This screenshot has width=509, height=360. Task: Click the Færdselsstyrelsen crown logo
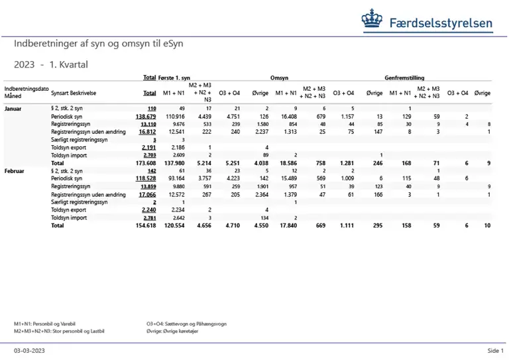click(x=372, y=21)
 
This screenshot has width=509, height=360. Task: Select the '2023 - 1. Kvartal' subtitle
click(x=50, y=65)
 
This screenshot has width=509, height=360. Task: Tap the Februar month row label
click(x=16, y=170)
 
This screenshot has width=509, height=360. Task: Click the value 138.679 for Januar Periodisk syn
click(x=145, y=116)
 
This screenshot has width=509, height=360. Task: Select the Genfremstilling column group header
click(x=405, y=78)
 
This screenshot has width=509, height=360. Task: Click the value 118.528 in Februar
click(x=145, y=179)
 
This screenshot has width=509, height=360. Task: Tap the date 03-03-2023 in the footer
click(x=30, y=351)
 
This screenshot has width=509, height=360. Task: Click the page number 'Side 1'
click(x=496, y=351)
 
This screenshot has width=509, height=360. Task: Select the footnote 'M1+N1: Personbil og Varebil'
click(x=45, y=323)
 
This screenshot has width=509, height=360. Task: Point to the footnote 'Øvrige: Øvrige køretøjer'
click(x=175, y=330)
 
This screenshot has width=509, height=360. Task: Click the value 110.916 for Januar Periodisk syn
click(x=175, y=116)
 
